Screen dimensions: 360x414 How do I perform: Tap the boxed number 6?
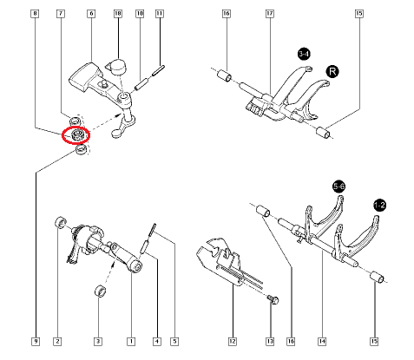(91, 15)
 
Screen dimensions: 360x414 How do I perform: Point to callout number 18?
(118, 15)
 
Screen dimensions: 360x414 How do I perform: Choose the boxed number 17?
(269, 15)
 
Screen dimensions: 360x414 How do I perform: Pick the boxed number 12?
(232, 342)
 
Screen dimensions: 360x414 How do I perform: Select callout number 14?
(321, 342)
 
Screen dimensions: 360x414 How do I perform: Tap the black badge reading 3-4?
(304, 55)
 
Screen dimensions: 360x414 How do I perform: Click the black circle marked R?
(332, 70)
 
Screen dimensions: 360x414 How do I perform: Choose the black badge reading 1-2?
(380, 204)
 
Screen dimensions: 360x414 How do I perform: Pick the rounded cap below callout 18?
(118, 64)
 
